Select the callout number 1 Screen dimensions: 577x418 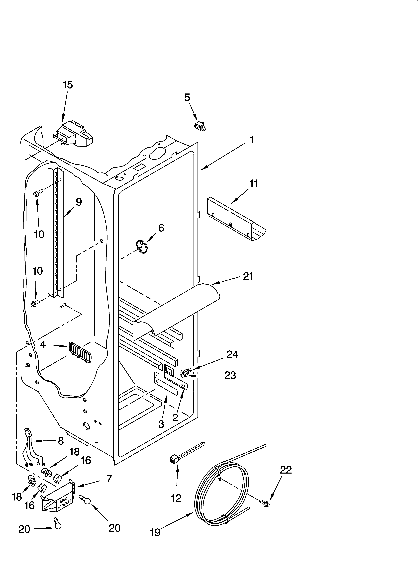[251, 140]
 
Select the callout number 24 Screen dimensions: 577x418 [232, 354]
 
